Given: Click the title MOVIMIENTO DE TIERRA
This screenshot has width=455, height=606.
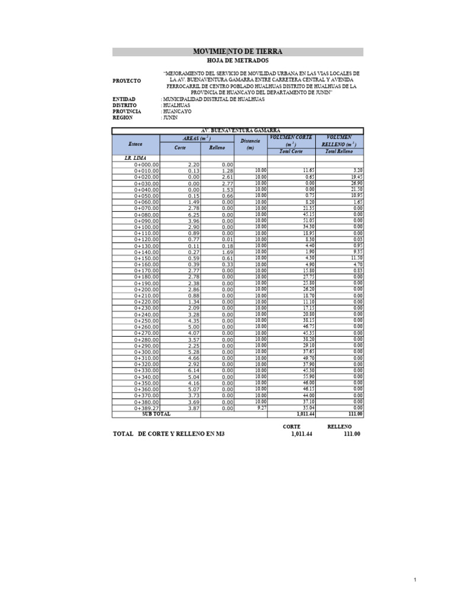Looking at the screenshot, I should pyautogui.click(x=238, y=52).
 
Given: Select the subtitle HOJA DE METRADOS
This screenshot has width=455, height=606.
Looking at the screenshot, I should pyautogui.click(x=238, y=61).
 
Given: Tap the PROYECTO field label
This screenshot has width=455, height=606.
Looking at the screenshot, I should pyautogui.click(x=127, y=80).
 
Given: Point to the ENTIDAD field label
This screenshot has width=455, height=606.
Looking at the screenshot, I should pyautogui.click(x=124, y=99).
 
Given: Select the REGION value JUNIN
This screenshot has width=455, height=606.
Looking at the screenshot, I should pyautogui.click(x=171, y=117).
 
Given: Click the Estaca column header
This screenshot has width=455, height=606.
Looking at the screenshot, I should pyautogui.click(x=136, y=144).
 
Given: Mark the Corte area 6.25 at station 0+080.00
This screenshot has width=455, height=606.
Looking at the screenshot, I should pyautogui.click(x=193, y=214).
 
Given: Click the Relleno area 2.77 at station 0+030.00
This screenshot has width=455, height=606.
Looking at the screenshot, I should pyautogui.click(x=226, y=183).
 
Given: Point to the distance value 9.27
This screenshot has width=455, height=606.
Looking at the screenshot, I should pyautogui.click(x=261, y=408).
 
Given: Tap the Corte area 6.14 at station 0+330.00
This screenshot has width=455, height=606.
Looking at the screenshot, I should pyautogui.click(x=193, y=370).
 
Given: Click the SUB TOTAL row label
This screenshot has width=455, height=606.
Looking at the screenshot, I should pyautogui.click(x=156, y=414).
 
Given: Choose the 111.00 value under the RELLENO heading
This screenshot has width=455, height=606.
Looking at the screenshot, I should pyautogui.click(x=352, y=434).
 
